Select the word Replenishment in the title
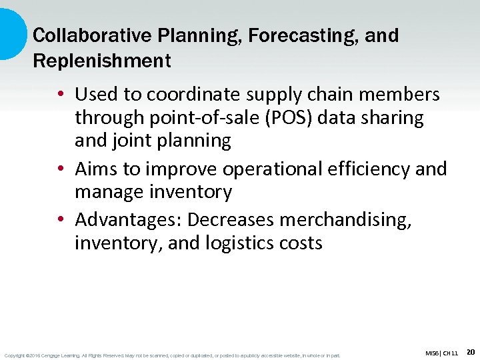click(x=102, y=61)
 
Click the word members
click(x=399, y=95)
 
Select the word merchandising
click(x=356, y=220)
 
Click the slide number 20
click(x=470, y=351)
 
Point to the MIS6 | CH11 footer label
click(x=441, y=353)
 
